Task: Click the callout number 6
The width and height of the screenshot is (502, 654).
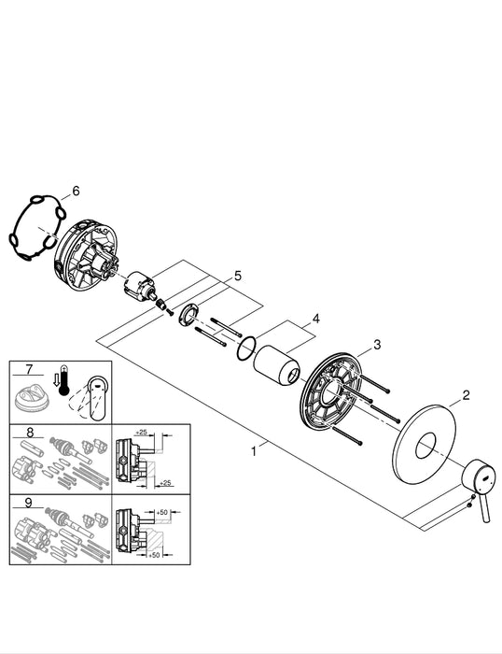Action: tap(76, 191)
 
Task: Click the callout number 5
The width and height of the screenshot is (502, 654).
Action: tap(237, 276)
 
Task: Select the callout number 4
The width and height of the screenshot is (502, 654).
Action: tap(316, 319)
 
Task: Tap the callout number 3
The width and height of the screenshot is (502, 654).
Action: tap(377, 345)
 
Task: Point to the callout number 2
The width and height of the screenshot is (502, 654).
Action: tap(464, 396)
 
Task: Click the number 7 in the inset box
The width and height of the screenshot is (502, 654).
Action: tap(28, 371)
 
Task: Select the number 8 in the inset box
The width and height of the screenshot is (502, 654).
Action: tap(29, 433)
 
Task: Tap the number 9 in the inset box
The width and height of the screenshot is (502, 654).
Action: tap(29, 502)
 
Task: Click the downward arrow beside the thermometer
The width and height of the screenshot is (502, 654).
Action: tap(57, 381)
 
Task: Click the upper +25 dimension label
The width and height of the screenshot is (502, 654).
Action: tap(141, 432)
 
